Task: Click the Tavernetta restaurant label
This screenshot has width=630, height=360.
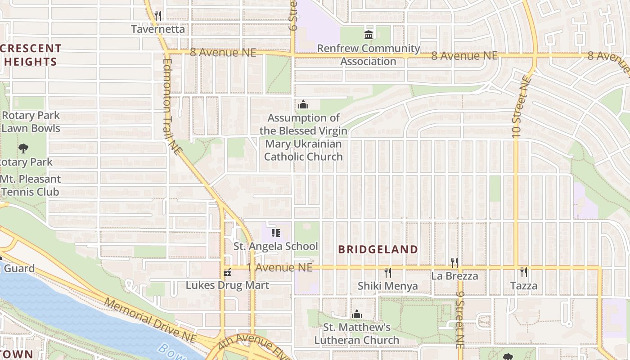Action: (158, 29)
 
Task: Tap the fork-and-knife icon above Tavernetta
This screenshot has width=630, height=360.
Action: (157, 15)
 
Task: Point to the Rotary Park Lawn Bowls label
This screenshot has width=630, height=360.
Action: (30, 122)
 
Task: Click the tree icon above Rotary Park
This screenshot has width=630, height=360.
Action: (23, 148)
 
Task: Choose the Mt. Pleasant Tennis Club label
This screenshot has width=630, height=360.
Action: (30, 185)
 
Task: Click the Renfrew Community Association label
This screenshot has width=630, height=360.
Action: (369, 54)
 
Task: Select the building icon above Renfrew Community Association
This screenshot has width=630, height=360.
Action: (369, 35)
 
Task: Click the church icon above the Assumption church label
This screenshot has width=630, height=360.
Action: (303, 105)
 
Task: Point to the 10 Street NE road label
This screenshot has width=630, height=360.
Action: (521, 107)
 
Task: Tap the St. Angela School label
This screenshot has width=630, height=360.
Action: (275, 246)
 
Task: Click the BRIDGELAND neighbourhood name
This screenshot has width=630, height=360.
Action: (378, 249)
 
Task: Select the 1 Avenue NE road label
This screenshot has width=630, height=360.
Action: (279, 267)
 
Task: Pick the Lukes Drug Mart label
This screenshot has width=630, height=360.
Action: (227, 285)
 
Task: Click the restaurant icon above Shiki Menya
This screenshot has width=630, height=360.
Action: (387, 272)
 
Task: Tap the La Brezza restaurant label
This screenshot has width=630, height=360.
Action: (454, 276)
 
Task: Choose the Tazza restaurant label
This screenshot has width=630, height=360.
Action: (524, 286)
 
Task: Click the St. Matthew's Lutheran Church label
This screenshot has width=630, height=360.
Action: (356, 333)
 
